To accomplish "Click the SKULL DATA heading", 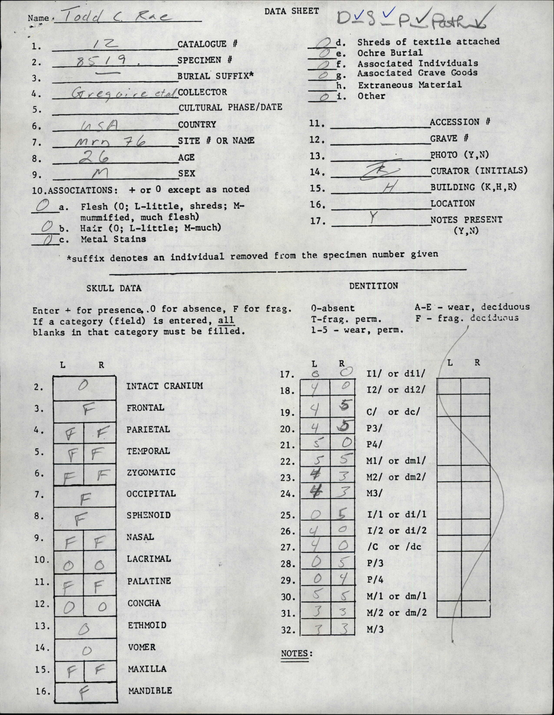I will [114, 288].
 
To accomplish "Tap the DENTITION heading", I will [373, 286].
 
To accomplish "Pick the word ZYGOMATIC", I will [151, 472].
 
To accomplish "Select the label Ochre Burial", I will [390, 53].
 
